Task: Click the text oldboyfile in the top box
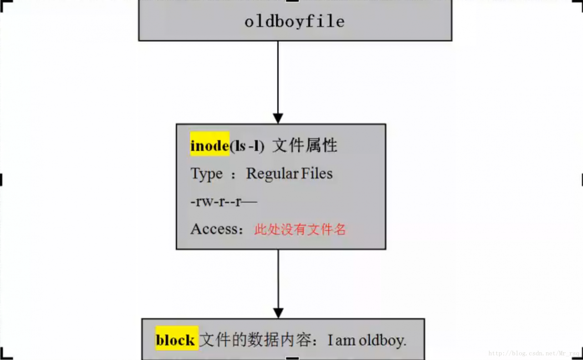(x=294, y=21)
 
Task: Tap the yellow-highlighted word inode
(x=210, y=146)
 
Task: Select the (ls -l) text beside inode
(x=247, y=146)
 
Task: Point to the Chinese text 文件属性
(x=305, y=146)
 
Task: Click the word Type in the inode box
(x=207, y=174)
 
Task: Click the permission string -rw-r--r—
(x=224, y=202)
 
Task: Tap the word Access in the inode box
(x=214, y=229)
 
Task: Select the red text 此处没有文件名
(x=300, y=229)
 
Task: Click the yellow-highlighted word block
(x=175, y=340)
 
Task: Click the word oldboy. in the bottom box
(x=383, y=340)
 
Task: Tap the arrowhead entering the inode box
(x=278, y=118)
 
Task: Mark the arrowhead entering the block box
(x=278, y=313)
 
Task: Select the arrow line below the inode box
(x=278, y=278)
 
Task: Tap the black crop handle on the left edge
(x=1, y=180)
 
